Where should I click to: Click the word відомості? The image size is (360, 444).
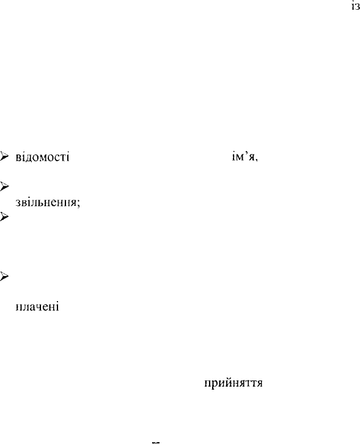[x=43, y=157]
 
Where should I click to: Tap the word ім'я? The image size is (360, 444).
[x=243, y=156]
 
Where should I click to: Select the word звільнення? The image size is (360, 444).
[x=46, y=202]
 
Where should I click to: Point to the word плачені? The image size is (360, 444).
[x=37, y=307]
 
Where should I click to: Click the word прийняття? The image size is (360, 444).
[x=233, y=383]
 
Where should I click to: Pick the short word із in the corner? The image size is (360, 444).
[x=356, y=7]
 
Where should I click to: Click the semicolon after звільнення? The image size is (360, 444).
[x=78, y=203]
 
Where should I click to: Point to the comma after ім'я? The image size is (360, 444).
[x=257, y=160]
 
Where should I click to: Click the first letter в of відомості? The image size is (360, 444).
[x=19, y=158]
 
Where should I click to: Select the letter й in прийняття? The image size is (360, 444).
[x=226, y=382]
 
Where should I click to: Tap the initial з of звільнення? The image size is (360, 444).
[x=18, y=203]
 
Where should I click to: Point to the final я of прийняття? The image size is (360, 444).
[x=260, y=384]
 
